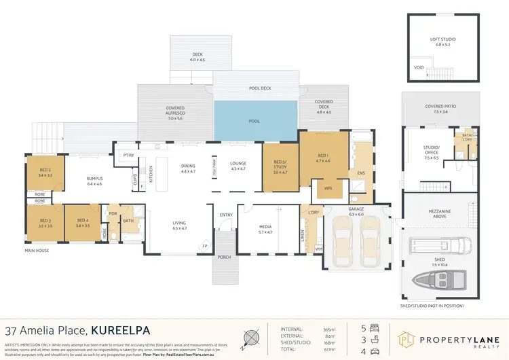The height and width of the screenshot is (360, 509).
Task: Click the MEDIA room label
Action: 265,229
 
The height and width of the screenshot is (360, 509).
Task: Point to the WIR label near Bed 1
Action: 328,188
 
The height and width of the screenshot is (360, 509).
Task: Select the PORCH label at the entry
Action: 224,257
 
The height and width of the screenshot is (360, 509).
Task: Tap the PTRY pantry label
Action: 128,156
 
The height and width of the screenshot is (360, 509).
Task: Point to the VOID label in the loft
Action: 418,67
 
